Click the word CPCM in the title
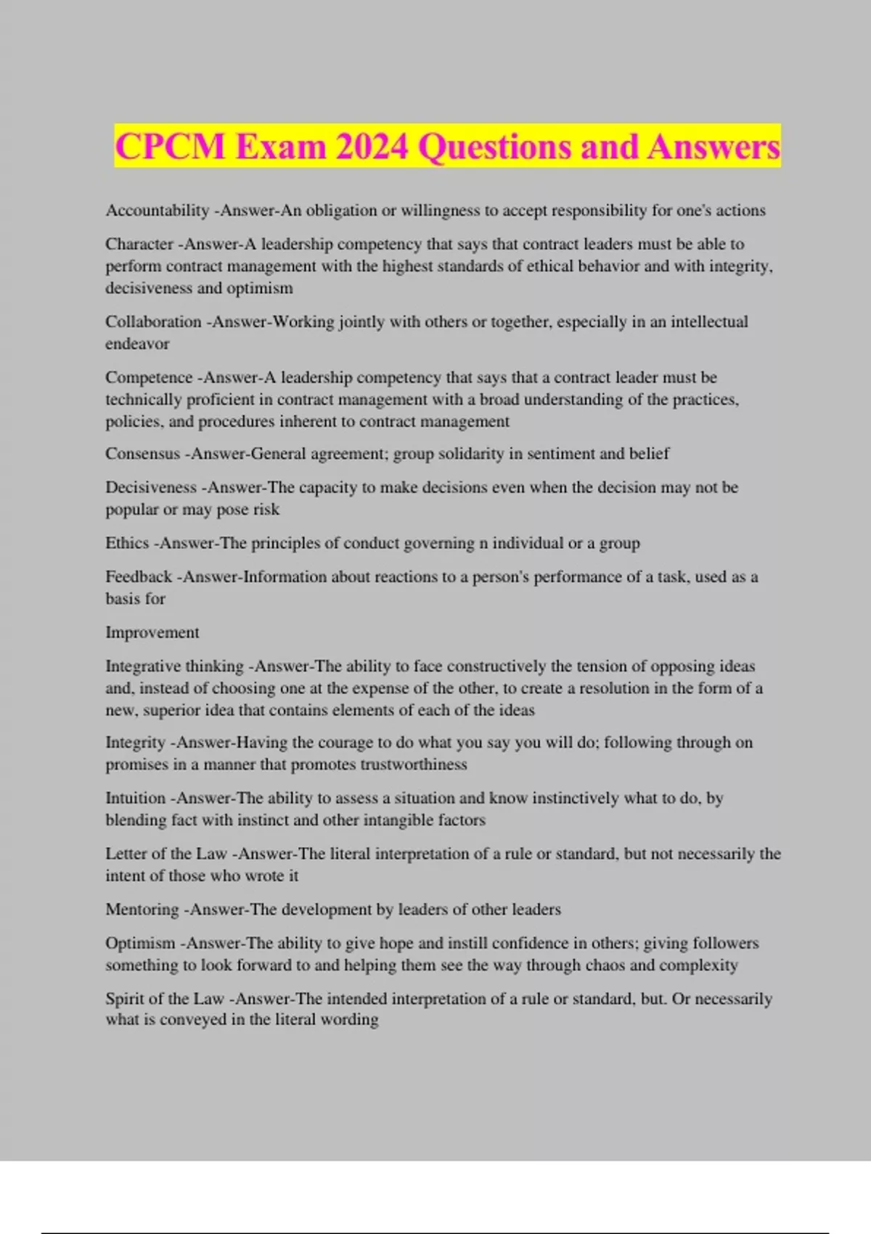(x=171, y=147)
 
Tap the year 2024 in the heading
(x=372, y=147)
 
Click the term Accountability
(x=157, y=211)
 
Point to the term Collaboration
(x=153, y=322)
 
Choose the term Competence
(x=149, y=377)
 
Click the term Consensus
(x=142, y=454)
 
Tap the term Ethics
(x=127, y=543)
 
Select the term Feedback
(x=139, y=577)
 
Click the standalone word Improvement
(x=152, y=632)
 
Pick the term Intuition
(x=136, y=798)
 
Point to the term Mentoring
(x=142, y=910)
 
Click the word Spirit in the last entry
(x=124, y=999)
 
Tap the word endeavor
(x=137, y=344)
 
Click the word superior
(x=171, y=710)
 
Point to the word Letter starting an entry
(x=126, y=854)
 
